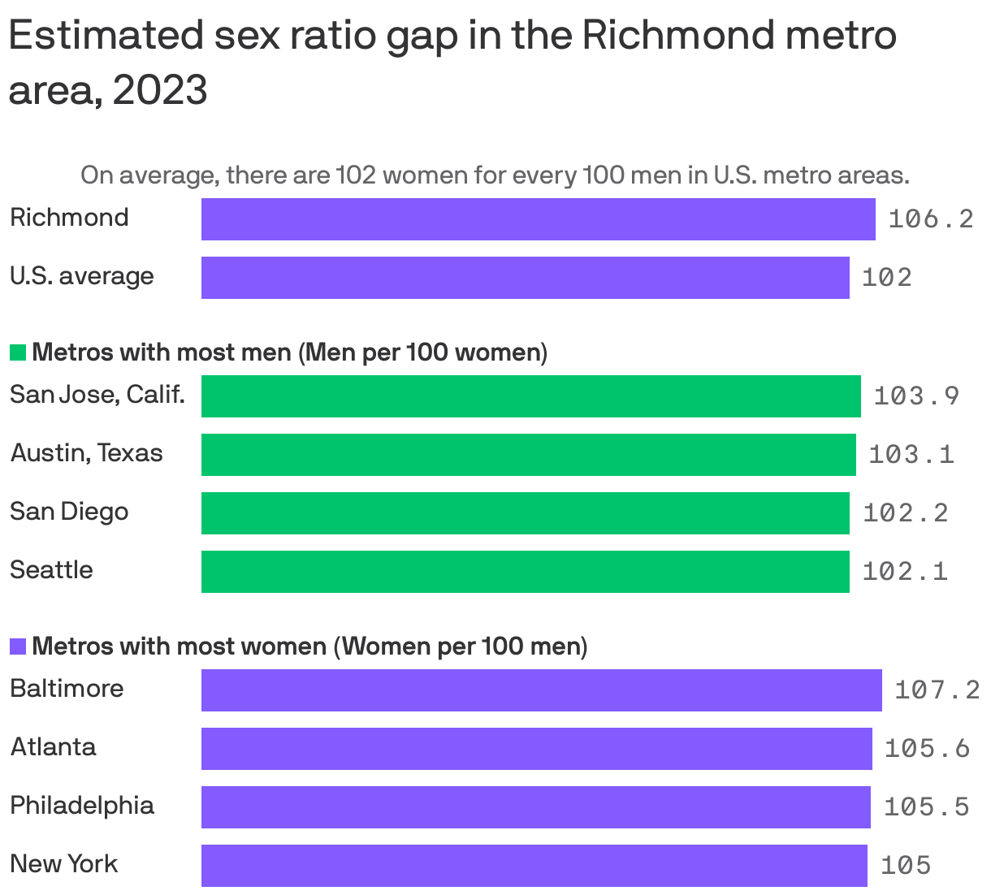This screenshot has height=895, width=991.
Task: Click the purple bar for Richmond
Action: (x=538, y=219)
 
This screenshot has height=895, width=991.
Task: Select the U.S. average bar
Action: (x=525, y=278)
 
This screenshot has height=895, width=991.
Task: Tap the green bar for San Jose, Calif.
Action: (x=530, y=396)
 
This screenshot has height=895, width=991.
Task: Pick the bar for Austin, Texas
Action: (x=528, y=455)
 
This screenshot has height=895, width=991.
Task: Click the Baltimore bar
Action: (x=541, y=690)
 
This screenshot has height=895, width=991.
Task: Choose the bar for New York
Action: (x=534, y=866)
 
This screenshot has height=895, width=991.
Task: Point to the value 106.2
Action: (x=930, y=219)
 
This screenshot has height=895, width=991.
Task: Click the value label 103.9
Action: (x=916, y=396)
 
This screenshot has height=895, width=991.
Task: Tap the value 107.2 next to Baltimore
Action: (x=937, y=690)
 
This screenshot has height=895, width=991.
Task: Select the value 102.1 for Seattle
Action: (x=905, y=572)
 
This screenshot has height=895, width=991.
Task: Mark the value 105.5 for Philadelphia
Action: (x=926, y=807)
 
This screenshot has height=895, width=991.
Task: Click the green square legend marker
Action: (x=18, y=352)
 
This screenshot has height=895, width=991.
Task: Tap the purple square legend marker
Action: (x=18, y=646)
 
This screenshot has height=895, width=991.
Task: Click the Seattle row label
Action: (x=51, y=570)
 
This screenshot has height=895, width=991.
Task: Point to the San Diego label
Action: (x=69, y=512)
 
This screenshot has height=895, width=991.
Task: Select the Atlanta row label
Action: (x=53, y=747)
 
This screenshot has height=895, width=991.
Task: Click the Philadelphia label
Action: (x=82, y=806)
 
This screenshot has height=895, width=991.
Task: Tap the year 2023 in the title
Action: (x=160, y=91)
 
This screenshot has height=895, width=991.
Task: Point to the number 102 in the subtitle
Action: (x=355, y=175)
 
